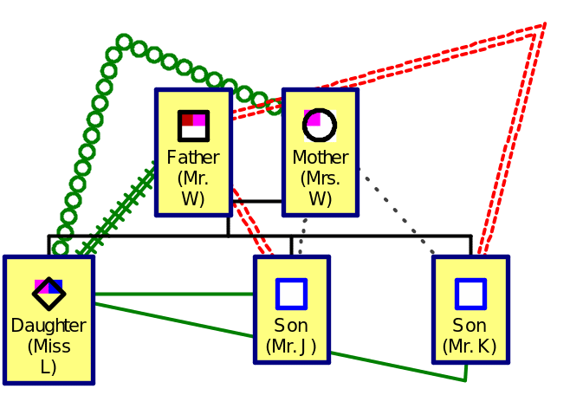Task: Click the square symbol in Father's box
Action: [193, 126]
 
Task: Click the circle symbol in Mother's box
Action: [319, 125]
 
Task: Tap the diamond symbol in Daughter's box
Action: [49, 294]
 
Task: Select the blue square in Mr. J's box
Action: [292, 294]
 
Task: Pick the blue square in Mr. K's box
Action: [470, 294]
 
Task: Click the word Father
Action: [193, 158]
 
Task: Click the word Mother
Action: [320, 158]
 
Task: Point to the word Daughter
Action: [49, 326]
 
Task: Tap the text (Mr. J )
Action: [291, 346]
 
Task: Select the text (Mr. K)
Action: [470, 346]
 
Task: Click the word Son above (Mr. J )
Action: [291, 326]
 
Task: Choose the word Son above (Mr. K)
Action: [470, 326]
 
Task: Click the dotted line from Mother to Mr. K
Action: [395, 211]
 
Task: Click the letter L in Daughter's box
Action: [49, 367]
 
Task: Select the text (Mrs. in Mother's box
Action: [320, 178]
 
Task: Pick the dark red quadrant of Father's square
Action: [187, 120]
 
